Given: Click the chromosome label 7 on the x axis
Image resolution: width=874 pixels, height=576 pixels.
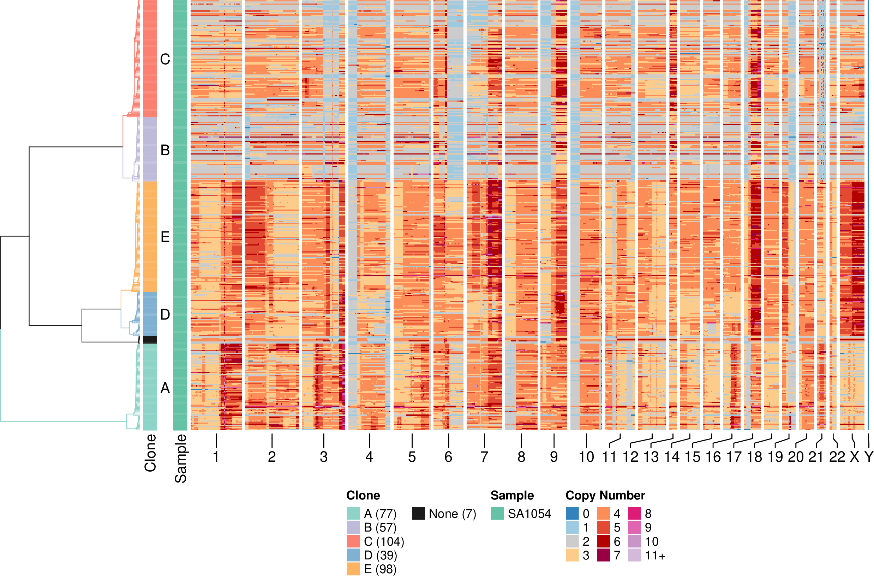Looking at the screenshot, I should (484, 457).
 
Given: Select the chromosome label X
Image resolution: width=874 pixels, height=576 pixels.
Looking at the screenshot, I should (855, 457).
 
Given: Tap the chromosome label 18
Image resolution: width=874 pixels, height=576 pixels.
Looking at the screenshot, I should (755, 457).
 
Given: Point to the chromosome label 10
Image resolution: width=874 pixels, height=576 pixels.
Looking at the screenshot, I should (586, 457).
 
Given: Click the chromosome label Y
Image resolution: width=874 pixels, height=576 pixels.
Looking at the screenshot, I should (868, 457).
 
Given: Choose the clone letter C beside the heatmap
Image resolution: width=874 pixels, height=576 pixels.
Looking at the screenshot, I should (165, 60).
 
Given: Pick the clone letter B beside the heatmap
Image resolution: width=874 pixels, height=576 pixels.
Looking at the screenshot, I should (165, 150).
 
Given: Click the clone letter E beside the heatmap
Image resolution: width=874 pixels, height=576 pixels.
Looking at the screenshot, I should (165, 237).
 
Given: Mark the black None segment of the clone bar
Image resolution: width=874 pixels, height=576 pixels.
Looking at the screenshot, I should (150, 340).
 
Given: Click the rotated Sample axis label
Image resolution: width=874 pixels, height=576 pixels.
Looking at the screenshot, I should (180, 459).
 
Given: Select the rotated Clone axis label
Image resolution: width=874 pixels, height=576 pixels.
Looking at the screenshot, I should (150, 453).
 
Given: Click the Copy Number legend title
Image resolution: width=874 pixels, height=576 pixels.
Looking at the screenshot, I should (605, 496).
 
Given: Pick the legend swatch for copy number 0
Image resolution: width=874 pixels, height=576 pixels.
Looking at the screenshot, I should (572, 514).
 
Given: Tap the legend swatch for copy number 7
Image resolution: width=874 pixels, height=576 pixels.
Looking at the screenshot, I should (604, 556).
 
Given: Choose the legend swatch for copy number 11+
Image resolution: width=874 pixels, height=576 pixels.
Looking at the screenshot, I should (634, 556).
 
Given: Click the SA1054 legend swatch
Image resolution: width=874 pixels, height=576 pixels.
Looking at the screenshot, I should (497, 514).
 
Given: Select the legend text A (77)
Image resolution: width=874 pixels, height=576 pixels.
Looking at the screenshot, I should (380, 514).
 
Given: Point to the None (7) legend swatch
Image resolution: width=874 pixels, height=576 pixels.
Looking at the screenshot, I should (418, 514).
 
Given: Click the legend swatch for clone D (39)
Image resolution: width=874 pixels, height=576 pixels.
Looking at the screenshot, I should (353, 556).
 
